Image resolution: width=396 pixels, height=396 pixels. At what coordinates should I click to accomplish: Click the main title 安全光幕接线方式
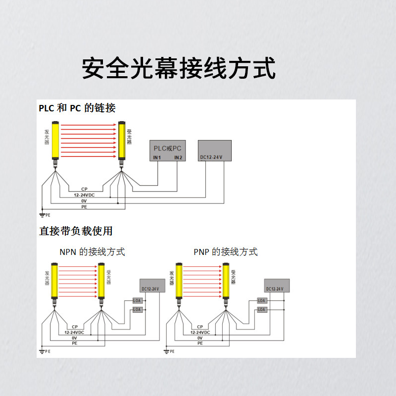coord(178,68)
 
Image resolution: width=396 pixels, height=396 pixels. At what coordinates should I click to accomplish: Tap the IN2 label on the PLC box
coord(178,158)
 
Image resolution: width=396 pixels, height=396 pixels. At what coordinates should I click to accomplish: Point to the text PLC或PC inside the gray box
coord(168,148)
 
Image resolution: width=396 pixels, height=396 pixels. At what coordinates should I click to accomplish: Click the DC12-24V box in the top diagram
coord(215,150)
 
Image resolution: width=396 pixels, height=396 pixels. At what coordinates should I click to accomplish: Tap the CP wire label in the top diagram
coord(84,189)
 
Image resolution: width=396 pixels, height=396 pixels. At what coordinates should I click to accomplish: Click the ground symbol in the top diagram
coord(43,214)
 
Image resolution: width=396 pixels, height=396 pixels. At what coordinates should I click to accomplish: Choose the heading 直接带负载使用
coord(76,231)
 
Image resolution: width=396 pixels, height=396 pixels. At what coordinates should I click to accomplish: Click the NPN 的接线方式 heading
coord(93,252)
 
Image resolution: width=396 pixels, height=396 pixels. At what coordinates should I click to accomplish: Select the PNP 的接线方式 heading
coord(226,252)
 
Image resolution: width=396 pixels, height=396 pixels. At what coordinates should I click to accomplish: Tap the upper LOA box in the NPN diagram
coord(137,300)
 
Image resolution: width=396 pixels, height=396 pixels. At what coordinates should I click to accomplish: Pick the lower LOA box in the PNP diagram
coord(262,309)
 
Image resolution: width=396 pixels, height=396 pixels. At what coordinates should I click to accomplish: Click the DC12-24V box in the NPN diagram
coord(150,286)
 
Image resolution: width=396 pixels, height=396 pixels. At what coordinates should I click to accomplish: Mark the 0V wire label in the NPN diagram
coord(75,338)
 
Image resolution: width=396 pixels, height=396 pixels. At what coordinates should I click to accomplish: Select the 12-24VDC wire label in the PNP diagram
coord(200,332)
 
